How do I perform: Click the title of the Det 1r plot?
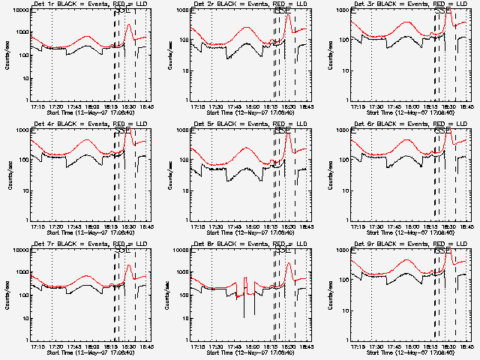[87, 4]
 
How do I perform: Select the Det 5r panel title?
[247, 124]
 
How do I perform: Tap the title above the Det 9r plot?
[407, 244]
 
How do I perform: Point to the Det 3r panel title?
[407, 4]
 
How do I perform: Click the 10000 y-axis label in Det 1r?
[18, 11]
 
